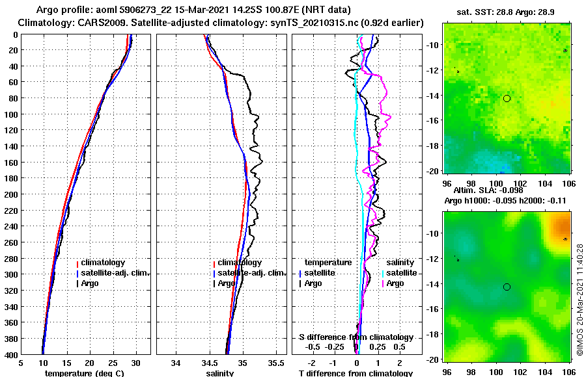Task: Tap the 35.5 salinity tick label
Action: click(277, 363)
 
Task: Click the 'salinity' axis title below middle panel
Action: click(220, 373)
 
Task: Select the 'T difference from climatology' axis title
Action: click(356, 373)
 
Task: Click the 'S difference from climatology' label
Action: click(356, 337)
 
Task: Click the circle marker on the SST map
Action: click(507, 98)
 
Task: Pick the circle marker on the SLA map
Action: click(507, 287)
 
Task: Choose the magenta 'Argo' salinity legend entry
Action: click(395, 283)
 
